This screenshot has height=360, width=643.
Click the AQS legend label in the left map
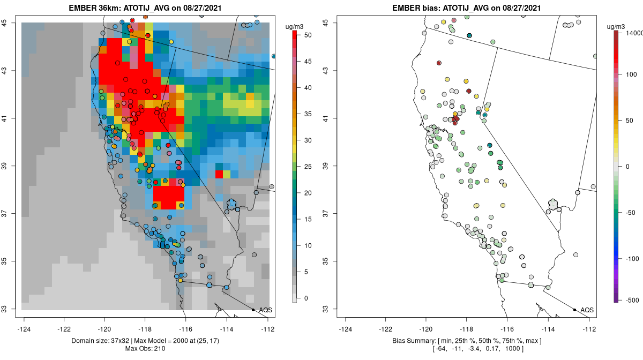(266, 310)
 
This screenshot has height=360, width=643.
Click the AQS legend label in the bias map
(587, 310)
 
